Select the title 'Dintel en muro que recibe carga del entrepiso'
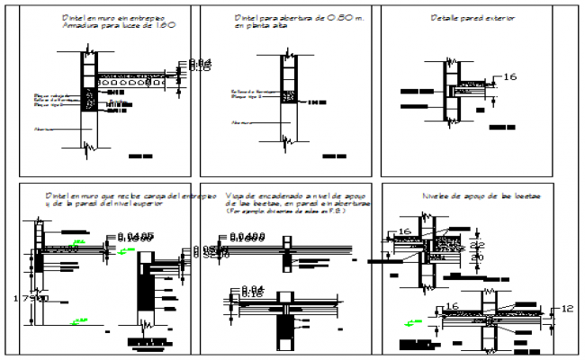tap(130, 195)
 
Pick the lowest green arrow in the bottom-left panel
tap(80, 318)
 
